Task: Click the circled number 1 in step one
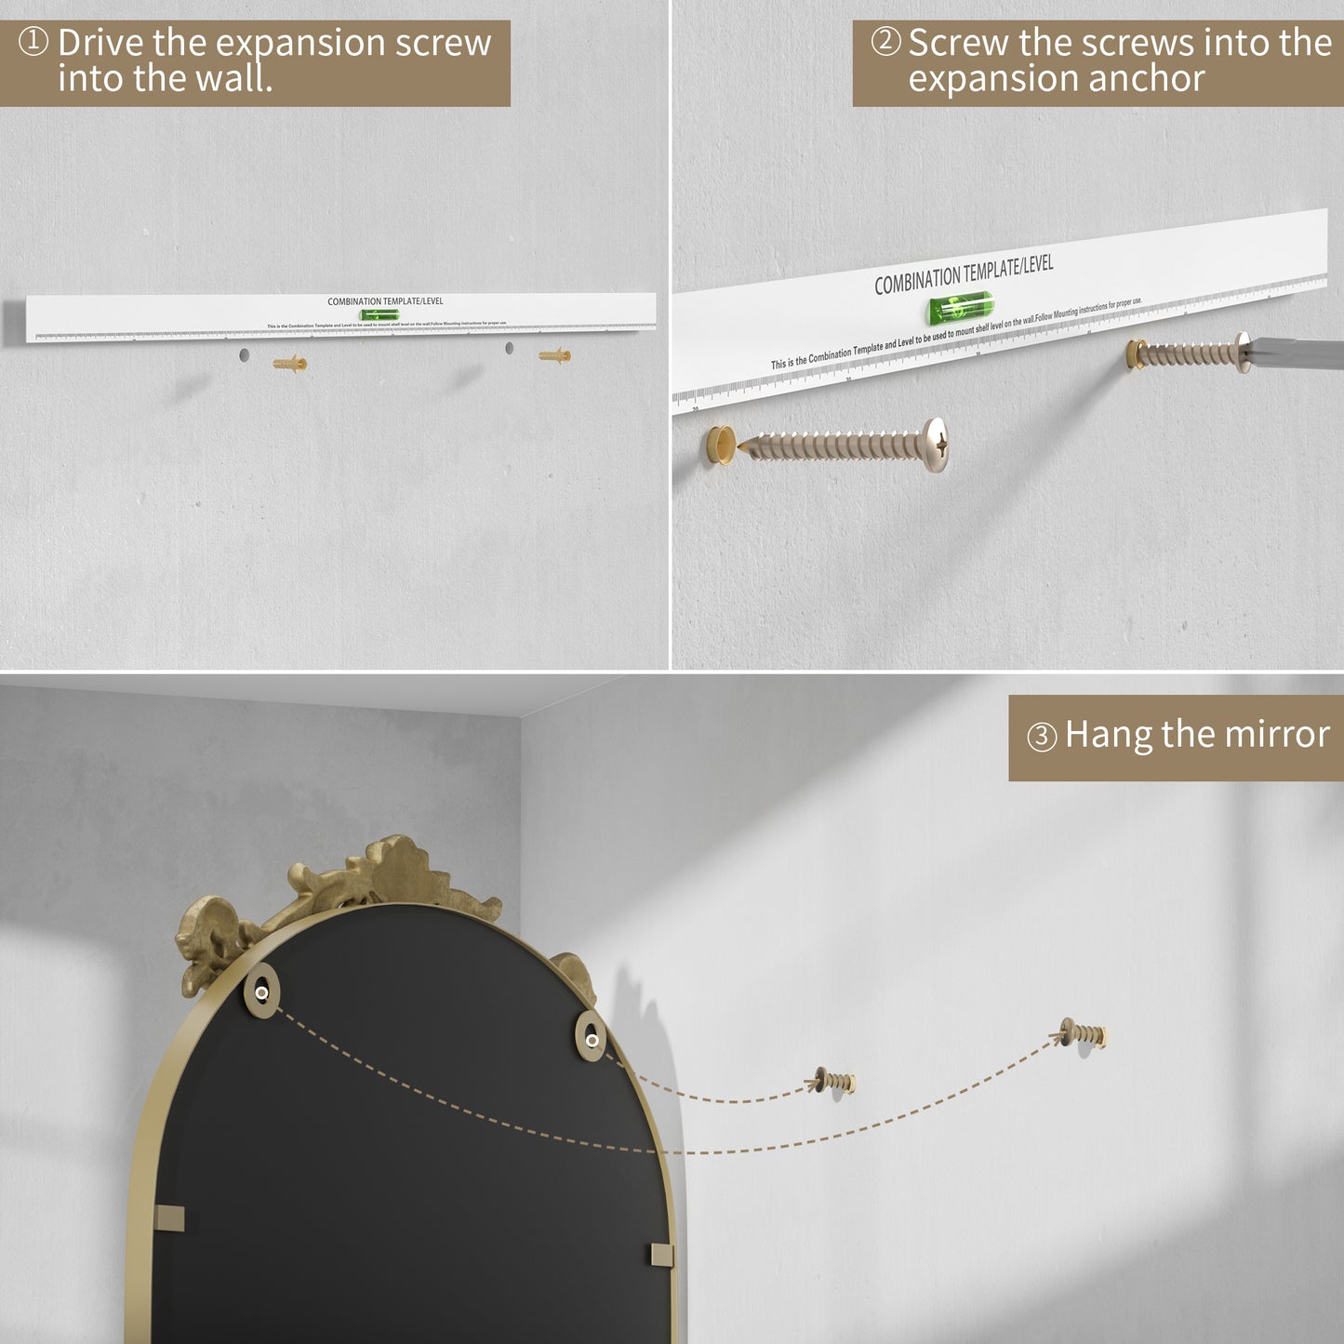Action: (33, 42)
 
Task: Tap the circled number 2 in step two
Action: (885, 42)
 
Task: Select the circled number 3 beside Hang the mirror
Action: (1042, 737)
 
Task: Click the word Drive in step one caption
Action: (100, 43)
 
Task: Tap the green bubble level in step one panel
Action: (379, 315)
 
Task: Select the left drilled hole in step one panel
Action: (244, 354)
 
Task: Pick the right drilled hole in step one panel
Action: (509, 348)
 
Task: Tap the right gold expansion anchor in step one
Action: (554, 355)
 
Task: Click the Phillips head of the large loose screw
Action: (938, 445)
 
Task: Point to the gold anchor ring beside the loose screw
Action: (721, 446)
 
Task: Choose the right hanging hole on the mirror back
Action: (592, 1039)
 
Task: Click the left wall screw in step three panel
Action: (835, 1081)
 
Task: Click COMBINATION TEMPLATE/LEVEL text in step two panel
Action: (964, 274)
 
